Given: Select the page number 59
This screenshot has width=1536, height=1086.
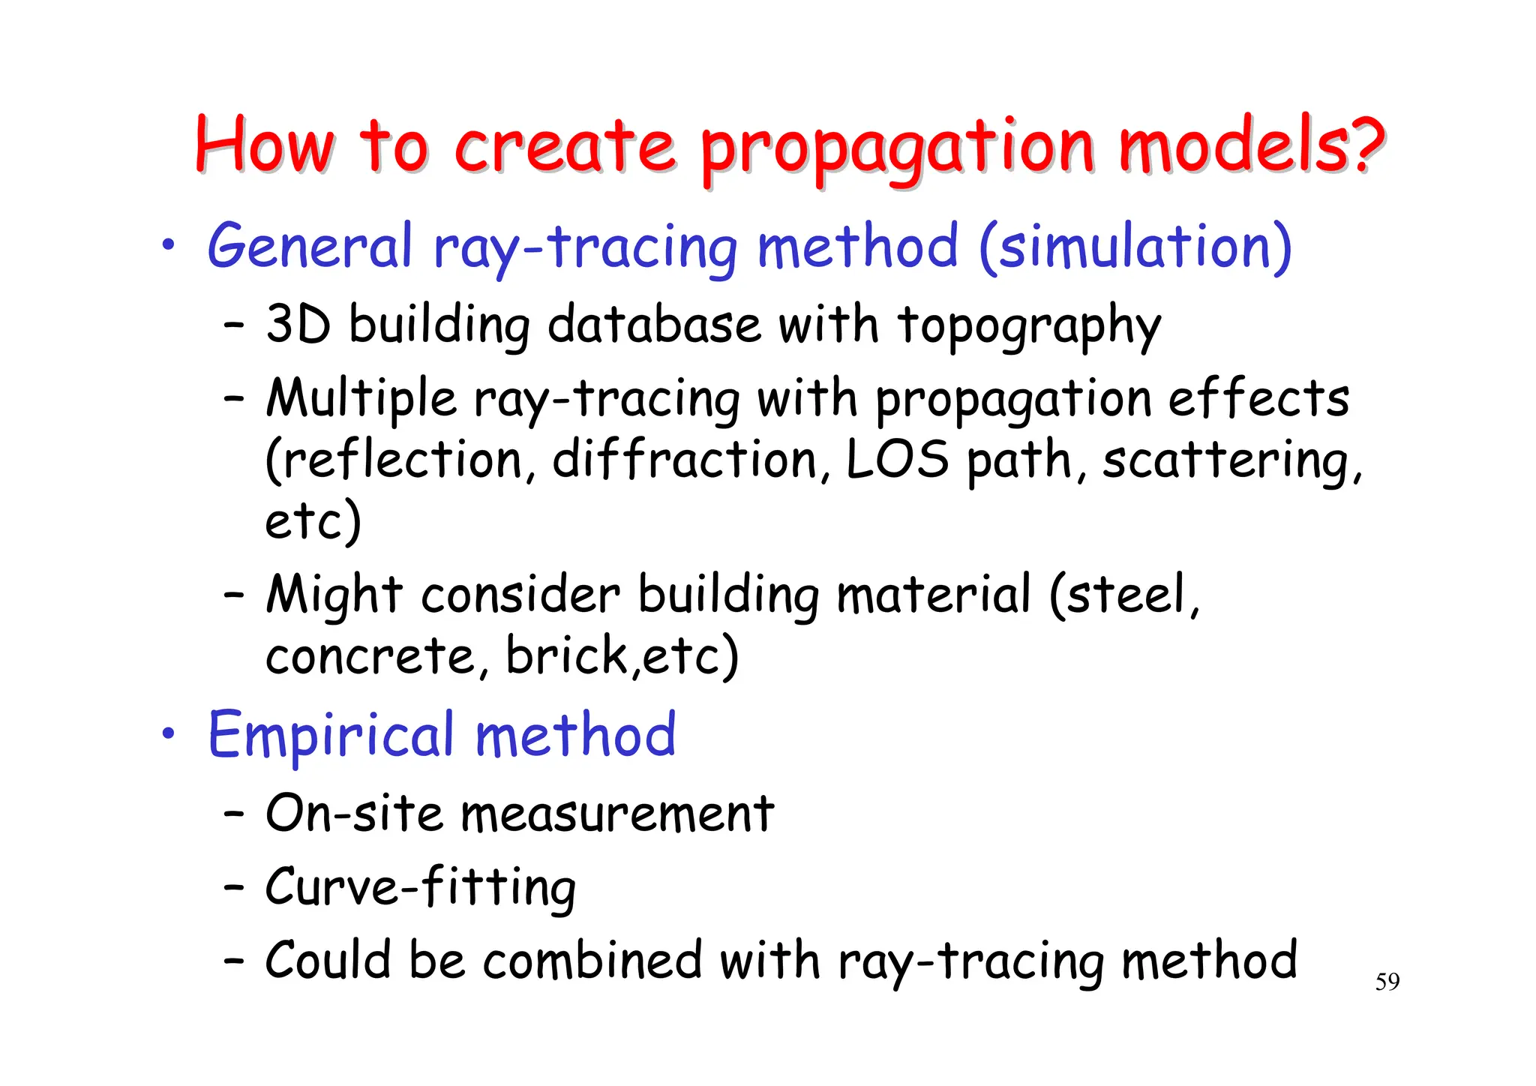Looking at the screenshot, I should [1387, 982].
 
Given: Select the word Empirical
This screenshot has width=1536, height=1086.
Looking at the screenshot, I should [331, 736].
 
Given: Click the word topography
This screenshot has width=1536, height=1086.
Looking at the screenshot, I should [1029, 328].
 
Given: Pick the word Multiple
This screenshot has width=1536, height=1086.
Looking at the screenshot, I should [361, 399].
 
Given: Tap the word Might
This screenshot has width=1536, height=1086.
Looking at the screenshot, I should [334, 597].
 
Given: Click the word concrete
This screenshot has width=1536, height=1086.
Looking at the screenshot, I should [369, 656].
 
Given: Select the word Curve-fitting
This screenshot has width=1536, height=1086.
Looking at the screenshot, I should [420, 888].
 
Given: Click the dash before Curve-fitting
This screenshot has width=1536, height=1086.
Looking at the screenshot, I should [234, 887].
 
